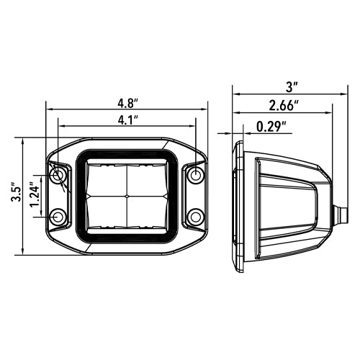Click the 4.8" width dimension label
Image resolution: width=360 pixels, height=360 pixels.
[x=128, y=104]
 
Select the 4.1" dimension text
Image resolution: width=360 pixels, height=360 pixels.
[x=128, y=120]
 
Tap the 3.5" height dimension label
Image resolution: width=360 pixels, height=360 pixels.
[x=16, y=192]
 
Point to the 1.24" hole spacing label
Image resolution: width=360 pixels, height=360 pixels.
[x=34, y=195]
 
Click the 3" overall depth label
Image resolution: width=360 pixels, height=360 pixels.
[x=292, y=87]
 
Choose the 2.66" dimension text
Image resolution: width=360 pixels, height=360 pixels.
[x=284, y=106]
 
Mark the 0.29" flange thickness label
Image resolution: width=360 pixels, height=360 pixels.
[x=271, y=127]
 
